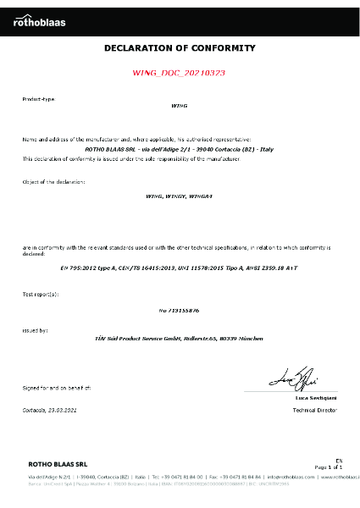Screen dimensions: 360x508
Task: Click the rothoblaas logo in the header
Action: click(x=39, y=23)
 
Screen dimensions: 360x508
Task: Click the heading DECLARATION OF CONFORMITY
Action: click(x=180, y=49)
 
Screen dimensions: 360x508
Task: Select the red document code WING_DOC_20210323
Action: click(x=180, y=74)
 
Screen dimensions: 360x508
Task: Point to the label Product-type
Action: click(x=38, y=99)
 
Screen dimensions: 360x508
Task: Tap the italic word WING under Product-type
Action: click(x=179, y=108)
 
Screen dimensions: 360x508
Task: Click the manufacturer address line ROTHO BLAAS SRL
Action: click(x=179, y=147)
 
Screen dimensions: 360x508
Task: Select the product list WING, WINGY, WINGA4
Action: click(x=179, y=196)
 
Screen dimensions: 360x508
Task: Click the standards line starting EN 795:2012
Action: click(x=179, y=265)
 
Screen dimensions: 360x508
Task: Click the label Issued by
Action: click(x=35, y=330)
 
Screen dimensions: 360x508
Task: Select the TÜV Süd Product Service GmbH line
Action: click(x=179, y=339)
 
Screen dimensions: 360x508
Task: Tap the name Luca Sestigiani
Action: click(x=316, y=397)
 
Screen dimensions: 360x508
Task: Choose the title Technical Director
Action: click(x=314, y=409)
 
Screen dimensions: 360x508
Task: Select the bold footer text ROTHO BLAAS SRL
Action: click(x=58, y=465)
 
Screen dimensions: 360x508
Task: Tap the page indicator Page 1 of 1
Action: click(x=328, y=467)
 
